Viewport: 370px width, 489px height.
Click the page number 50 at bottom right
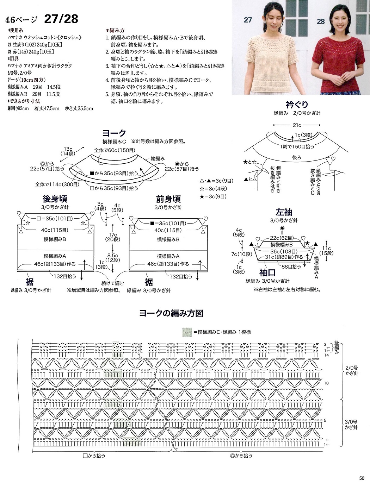[x=362, y=478]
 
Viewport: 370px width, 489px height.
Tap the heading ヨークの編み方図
[x=171, y=313]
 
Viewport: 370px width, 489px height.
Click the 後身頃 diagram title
[x=55, y=199]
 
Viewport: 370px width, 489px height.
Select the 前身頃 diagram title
[x=168, y=199]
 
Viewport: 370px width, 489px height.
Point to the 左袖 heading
[x=284, y=212]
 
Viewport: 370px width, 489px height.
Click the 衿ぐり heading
[x=297, y=104]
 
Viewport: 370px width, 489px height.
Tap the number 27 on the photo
[x=248, y=20]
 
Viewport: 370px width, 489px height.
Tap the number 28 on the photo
[x=320, y=22]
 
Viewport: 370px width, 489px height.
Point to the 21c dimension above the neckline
[x=297, y=125]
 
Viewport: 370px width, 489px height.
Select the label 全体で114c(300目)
[x=57, y=184]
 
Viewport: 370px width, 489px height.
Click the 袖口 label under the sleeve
[x=267, y=272]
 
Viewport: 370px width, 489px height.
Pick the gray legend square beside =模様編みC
[x=187, y=332]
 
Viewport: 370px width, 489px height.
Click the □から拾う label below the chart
[x=94, y=456]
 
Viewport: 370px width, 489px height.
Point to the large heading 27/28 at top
[x=61, y=19]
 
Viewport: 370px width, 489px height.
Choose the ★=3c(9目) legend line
[x=213, y=196]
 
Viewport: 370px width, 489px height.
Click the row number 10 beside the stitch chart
[x=326, y=383]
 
